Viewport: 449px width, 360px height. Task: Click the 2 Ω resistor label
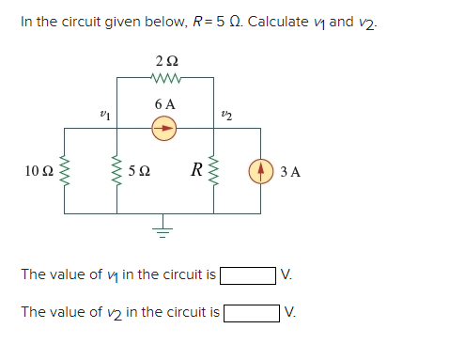tap(165, 62)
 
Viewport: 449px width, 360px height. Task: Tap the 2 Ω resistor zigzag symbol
tap(165, 78)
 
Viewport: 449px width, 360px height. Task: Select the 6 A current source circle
tap(165, 130)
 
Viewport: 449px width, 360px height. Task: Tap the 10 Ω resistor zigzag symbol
tap(66, 172)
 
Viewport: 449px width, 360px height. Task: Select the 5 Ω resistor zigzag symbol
tap(117, 172)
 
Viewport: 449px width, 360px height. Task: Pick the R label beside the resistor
tap(196, 170)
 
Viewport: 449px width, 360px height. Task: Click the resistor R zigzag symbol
tap(215, 172)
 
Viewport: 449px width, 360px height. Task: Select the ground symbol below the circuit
tap(165, 230)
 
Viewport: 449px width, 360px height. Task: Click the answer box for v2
tap(251, 311)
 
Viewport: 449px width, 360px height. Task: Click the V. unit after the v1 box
tap(287, 275)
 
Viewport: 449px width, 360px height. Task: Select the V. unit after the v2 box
tap(291, 311)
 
